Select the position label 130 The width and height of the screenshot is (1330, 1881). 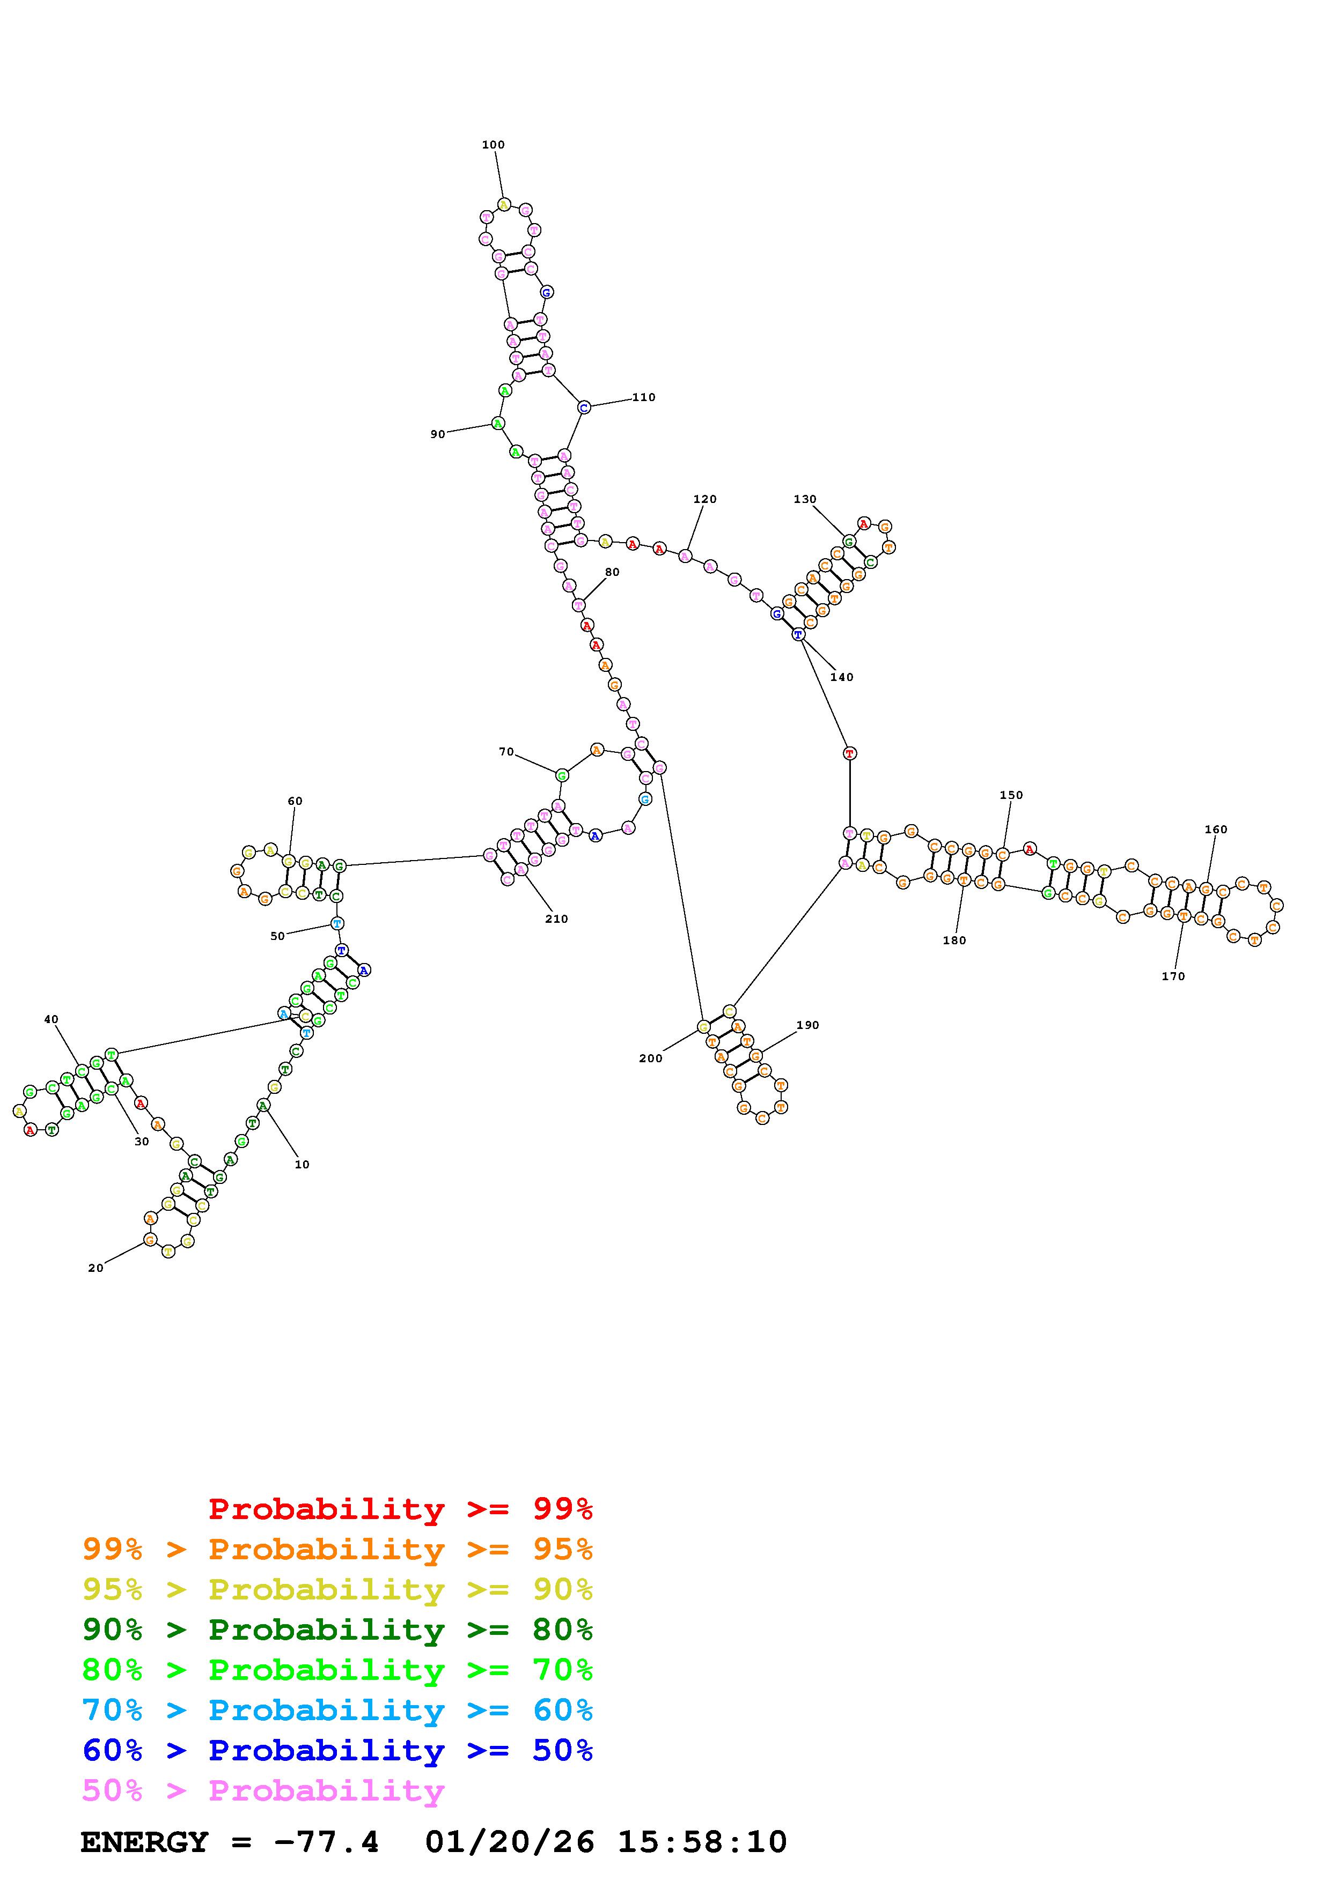[805, 499]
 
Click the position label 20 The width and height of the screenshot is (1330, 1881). [96, 1268]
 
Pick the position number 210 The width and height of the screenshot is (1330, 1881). [556, 919]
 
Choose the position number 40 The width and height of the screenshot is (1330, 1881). [51, 1019]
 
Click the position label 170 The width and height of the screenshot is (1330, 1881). [1173, 976]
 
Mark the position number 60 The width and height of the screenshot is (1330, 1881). [295, 801]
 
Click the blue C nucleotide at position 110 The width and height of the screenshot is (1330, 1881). [584, 407]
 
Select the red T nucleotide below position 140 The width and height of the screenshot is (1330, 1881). [850, 753]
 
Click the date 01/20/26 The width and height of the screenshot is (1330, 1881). [509, 1842]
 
